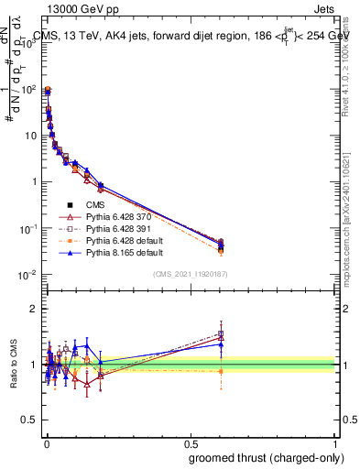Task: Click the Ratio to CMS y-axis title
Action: coord(14,365)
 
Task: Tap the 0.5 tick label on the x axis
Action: coord(191,442)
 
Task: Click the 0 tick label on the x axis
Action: coord(46,442)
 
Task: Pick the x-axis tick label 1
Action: coord(336,442)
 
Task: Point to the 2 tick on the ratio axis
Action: coord(35,309)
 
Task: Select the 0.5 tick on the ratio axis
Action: coord(31,420)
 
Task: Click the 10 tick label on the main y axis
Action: coord(31,136)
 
